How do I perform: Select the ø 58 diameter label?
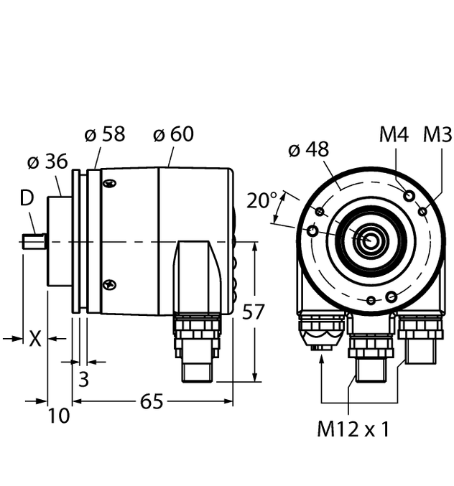coord(105,134)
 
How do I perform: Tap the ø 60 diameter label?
coord(173,134)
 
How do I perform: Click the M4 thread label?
coord(394,134)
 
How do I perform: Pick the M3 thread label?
coord(437,134)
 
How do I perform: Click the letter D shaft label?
coord(27,198)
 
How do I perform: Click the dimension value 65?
coord(152,401)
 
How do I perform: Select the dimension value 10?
coord(59,416)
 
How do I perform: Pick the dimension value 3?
coord(83,379)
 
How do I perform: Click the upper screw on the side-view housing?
coord(109,186)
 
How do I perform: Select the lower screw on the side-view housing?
coord(109,284)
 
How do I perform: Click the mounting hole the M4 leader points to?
coord(409,196)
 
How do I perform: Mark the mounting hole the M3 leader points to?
coord(422,211)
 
